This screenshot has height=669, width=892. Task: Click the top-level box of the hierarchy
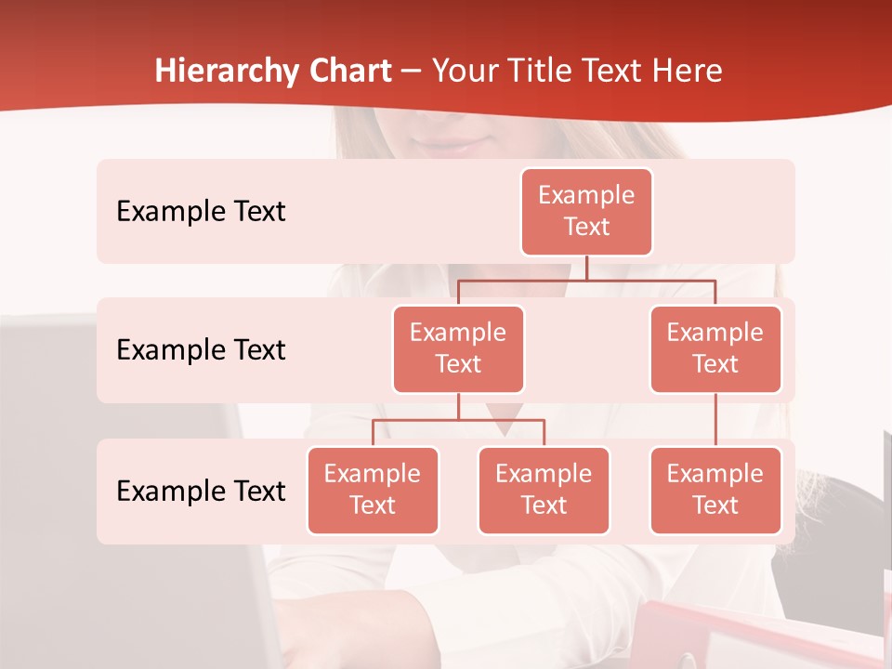coord(586,211)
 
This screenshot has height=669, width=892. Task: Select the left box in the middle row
coord(458,348)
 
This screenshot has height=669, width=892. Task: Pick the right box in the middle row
coord(715,348)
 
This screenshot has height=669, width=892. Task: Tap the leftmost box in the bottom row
coord(373,490)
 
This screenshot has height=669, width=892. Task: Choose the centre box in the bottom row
coord(544,490)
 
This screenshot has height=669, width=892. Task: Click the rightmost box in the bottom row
coord(715,490)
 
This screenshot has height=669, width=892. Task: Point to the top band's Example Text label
coord(201,212)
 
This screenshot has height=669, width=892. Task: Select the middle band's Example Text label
coord(201,350)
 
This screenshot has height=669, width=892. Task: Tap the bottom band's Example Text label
coord(201,492)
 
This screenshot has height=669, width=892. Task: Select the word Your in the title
coord(462,71)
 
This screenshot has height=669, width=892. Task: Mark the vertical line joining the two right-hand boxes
coord(715,419)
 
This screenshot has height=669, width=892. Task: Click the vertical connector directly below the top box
coord(586,268)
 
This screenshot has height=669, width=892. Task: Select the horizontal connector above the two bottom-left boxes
coord(458,420)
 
